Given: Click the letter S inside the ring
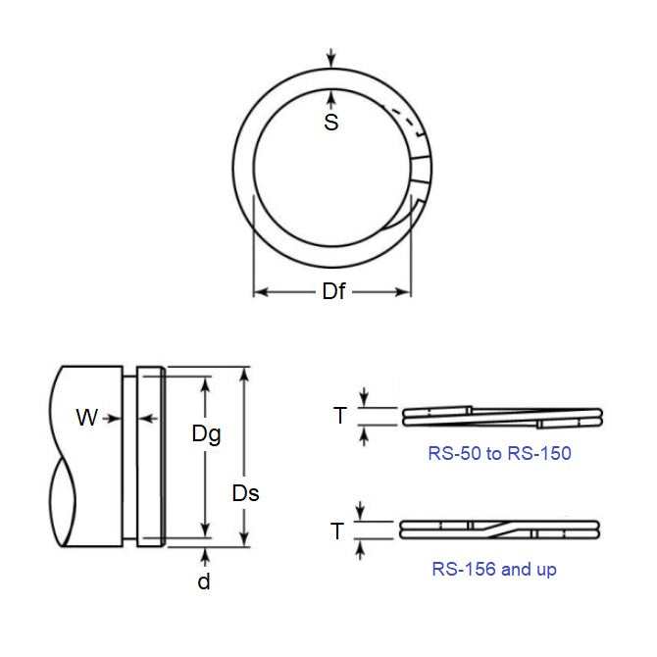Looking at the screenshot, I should point(331,124).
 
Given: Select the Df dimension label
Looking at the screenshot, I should point(333,292).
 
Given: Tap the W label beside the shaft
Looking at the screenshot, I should point(87,418).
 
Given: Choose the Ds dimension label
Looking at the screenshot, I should point(245,493).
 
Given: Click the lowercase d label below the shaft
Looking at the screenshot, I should point(204,581).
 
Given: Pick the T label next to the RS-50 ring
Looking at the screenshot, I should point(340,416).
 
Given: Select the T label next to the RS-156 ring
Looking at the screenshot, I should point(337,531).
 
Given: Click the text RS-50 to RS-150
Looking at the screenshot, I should point(499,453).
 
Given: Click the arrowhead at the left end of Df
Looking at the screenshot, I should point(260,292).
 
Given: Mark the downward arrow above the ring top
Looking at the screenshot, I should point(331,62).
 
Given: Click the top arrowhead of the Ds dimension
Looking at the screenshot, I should point(244,375).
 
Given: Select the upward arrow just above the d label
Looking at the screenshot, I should point(204,555).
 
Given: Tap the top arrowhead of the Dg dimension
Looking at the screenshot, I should point(205,383).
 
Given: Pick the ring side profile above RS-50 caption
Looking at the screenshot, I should point(501,416).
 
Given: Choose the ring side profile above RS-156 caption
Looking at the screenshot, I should point(501,530).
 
